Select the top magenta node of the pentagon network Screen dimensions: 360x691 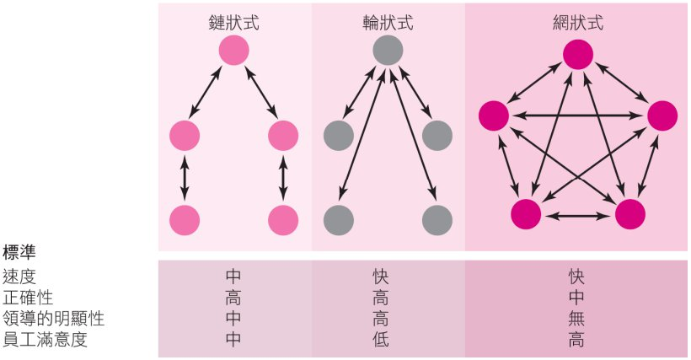[577, 56]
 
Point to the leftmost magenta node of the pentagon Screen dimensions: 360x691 [493, 116]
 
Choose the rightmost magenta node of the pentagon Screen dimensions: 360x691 [662, 116]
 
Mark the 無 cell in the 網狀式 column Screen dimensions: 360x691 [577, 320]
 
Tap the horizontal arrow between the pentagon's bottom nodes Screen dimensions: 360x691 [577, 216]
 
